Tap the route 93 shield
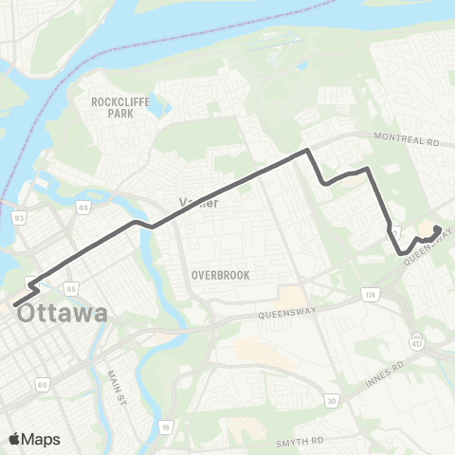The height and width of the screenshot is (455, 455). [x=18, y=218]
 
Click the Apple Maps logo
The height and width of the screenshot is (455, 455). [x=35, y=439]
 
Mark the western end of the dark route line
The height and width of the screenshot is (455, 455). [x=16, y=304]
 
